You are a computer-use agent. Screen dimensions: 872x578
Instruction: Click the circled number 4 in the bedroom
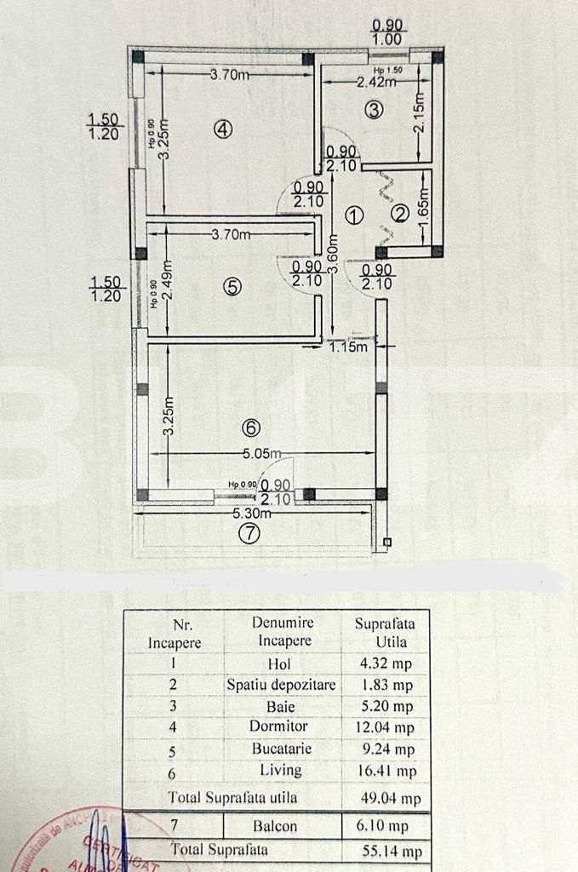pos(223,129)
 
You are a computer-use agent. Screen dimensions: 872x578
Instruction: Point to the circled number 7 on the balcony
pos(249,534)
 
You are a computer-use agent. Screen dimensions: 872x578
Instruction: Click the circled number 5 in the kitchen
pos(232,287)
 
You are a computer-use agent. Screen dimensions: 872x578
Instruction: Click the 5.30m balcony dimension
pos(253,513)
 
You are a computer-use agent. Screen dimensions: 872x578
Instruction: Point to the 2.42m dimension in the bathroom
pos(376,83)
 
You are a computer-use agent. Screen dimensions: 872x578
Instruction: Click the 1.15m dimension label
pos(349,346)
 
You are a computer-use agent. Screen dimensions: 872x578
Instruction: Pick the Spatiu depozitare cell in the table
pos(281,685)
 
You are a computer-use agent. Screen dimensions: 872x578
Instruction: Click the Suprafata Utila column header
pos(381,631)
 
